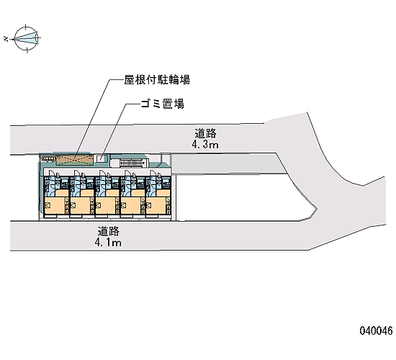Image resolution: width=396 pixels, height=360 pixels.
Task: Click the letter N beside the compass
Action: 6,39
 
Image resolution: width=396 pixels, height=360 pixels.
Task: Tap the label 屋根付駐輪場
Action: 157,80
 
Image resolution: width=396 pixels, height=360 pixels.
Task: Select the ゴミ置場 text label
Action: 163,104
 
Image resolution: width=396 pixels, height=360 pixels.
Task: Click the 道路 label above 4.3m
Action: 206,133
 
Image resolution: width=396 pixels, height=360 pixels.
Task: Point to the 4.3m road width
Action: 205,145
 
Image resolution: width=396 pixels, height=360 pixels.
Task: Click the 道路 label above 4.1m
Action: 109,231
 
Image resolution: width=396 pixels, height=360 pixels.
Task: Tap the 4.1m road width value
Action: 108,243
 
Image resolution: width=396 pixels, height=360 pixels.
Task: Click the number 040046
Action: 377,330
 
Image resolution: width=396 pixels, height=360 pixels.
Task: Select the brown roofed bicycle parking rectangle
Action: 73,160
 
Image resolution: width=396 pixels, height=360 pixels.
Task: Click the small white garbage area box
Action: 102,159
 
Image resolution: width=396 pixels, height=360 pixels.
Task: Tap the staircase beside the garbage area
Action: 132,163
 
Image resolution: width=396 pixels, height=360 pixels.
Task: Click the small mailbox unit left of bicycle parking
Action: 48,158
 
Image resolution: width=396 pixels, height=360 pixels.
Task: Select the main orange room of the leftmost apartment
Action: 55,206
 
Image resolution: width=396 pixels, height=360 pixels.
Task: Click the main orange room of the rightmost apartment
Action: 156,206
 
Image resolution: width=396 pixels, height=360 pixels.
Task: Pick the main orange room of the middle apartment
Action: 105,206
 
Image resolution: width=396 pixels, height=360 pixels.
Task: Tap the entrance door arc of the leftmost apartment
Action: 52,174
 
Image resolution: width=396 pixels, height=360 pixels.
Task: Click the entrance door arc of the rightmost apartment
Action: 153,174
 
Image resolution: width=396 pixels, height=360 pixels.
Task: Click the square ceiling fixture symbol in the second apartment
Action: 73,205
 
